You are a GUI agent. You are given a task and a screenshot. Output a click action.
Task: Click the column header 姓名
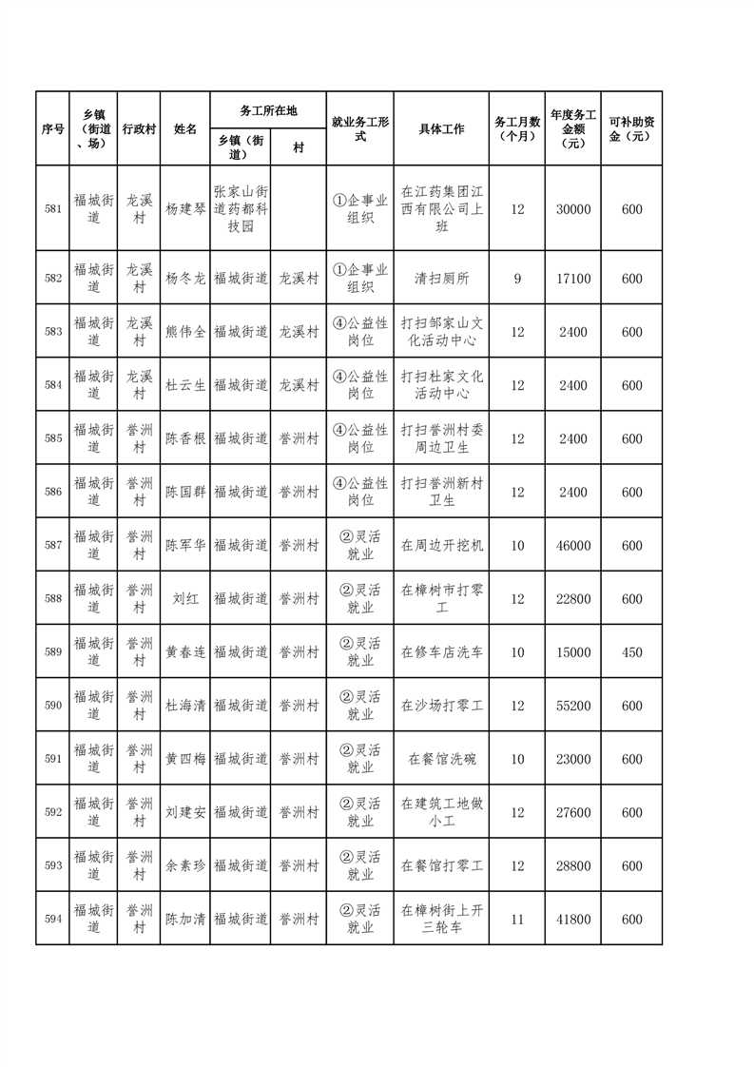click(185, 128)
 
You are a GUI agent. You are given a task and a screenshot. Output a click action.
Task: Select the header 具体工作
click(440, 128)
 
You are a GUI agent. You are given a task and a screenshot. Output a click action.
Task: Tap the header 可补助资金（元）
click(631, 128)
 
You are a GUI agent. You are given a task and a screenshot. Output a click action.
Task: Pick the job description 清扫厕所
click(440, 279)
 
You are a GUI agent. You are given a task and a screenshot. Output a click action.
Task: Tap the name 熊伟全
click(185, 332)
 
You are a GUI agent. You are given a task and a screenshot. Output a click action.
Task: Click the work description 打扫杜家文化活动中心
click(440, 385)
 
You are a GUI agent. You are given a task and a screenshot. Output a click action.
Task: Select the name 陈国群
click(185, 492)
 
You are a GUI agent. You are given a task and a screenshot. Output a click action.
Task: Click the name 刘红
click(185, 599)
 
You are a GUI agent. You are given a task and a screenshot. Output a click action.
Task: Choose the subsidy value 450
click(631, 652)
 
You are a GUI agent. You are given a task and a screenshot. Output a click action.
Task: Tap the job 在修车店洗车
click(440, 652)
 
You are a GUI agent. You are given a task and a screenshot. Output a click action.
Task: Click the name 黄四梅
click(185, 759)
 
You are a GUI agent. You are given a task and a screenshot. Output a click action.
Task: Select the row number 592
click(52, 812)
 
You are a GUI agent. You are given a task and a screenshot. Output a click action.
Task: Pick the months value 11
click(517, 920)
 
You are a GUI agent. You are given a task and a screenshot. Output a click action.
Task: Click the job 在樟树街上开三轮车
click(440, 920)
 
